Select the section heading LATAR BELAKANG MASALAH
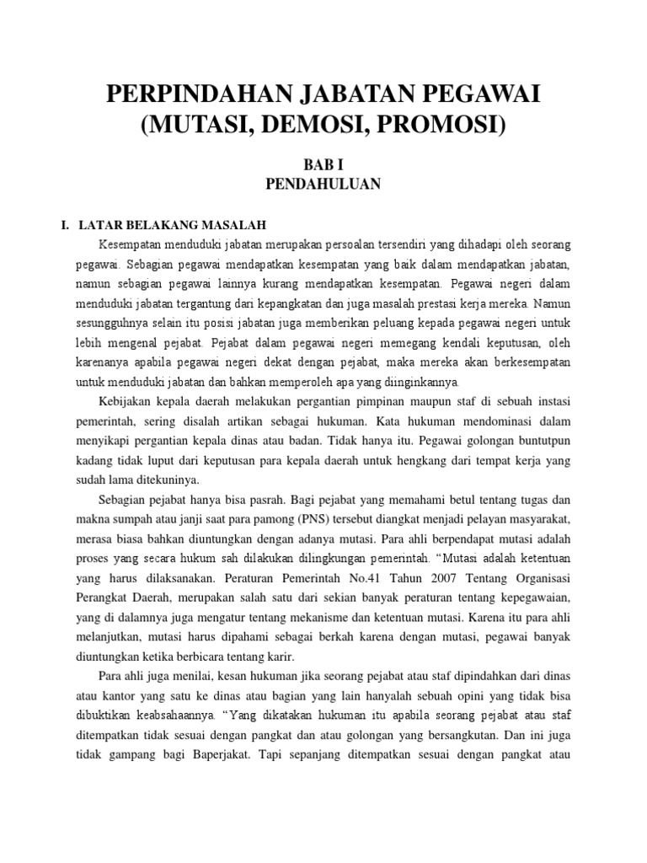172,225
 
